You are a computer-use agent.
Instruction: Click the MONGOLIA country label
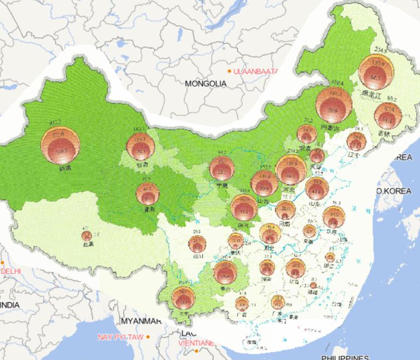coord(206,84)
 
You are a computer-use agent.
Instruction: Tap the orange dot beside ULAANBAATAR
coord(230,72)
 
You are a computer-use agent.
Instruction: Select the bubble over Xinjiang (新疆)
coord(60,145)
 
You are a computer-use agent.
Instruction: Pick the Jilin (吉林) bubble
coord(387,115)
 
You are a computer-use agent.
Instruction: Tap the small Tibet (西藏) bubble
coord(86,236)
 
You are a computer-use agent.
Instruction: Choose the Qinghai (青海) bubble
coord(147,193)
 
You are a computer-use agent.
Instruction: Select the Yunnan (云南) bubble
coord(183,298)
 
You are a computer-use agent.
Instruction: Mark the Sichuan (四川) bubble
coord(197,243)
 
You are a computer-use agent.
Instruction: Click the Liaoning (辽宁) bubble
coord(356,142)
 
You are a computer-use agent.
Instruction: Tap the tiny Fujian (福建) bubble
coord(313,285)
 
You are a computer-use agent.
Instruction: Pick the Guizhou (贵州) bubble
coord(225,272)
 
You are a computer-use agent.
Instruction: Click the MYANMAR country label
coord(141,321)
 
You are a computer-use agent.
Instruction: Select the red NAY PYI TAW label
coord(121,337)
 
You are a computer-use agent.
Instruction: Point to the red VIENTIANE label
coord(196,343)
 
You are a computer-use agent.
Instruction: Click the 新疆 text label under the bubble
coord(65,169)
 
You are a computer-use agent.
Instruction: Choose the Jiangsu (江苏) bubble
coord(334,218)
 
